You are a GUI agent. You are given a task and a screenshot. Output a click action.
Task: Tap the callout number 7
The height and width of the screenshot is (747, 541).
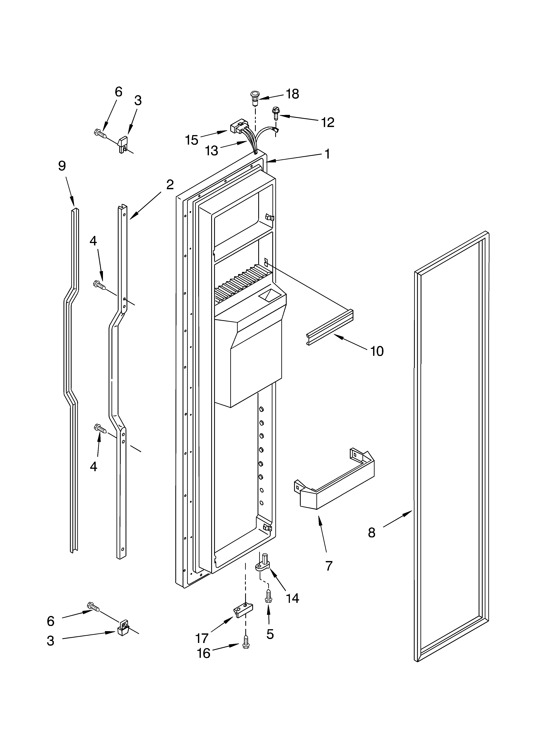(x=329, y=566)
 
